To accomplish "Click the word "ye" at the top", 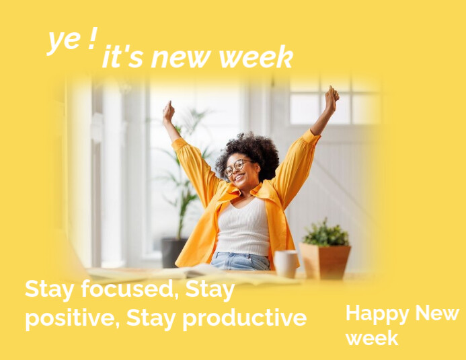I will (64, 40).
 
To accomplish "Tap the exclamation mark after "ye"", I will (91, 39).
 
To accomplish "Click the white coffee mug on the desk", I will (286, 263).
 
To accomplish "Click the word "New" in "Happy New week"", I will (436, 314).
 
